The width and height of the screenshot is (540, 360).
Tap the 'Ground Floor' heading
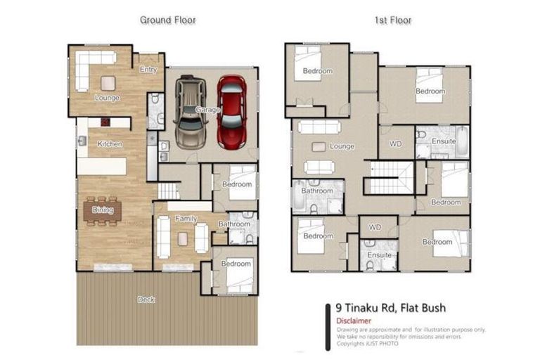click(x=167, y=20)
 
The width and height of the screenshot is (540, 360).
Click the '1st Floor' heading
click(x=392, y=20)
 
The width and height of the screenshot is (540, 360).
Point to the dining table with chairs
click(x=103, y=211)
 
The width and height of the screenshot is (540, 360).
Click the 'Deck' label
click(x=146, y=300)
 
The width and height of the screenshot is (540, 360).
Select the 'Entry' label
click(x=148, y=70)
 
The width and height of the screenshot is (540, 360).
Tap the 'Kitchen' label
click(x=110, y=144)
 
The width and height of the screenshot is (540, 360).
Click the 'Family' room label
click(x=186, y=219)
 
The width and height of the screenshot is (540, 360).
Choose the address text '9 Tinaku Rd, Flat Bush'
click(x=391, y=307)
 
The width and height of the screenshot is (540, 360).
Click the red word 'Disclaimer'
click(x=354, y=320)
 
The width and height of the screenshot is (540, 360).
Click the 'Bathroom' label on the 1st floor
click(x=317, y=191)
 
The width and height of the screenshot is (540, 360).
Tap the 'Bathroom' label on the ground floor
click(x=233, y=224)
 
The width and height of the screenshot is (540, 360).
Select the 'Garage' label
click(x=208, y=110)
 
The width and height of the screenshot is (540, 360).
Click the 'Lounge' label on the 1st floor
click(x=342, y=146)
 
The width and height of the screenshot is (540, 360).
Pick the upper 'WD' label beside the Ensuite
click(x=395, y=143)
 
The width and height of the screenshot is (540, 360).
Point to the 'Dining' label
click(x=103, y=210)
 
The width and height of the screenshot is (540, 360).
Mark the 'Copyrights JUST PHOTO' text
click(x=367, y=344)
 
